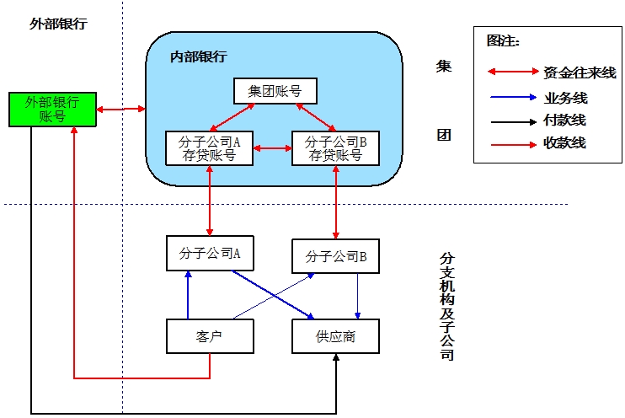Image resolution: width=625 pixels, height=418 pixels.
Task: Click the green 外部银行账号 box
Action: pyautogui.click(x=51, y=110)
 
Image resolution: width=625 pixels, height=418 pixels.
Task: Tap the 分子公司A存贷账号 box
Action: pyautogui.click(x=209, y=148)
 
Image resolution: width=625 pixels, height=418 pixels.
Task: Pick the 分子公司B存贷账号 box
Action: pyautogui.click(x=335, y=148)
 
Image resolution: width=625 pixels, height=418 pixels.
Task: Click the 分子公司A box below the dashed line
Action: pyautogui.click(x=210, y=254)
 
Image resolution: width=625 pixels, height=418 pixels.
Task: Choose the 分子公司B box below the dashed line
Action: pyautogui.click(x=335, y=256)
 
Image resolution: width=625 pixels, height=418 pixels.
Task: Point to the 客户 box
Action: pyautogui.click(x=210, y=336)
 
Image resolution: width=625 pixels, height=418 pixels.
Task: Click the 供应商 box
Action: pyautogui.click(x=335, y=336)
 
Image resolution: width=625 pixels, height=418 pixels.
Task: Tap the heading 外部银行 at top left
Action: pyautogui.click(x=57, y=24)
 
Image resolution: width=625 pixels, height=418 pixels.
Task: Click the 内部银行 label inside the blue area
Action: pyautogui.click(x=198, y=56)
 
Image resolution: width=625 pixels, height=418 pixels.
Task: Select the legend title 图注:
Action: pyautogui.click(x=504, y=40)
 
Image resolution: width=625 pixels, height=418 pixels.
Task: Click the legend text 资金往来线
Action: pyautogui.click(x=580, y=72)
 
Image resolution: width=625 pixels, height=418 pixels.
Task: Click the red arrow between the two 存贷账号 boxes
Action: pyautogui.click(x=271, y=149)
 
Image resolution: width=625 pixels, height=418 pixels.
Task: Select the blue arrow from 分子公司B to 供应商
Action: pyautogui.click(x=358, y=296)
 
